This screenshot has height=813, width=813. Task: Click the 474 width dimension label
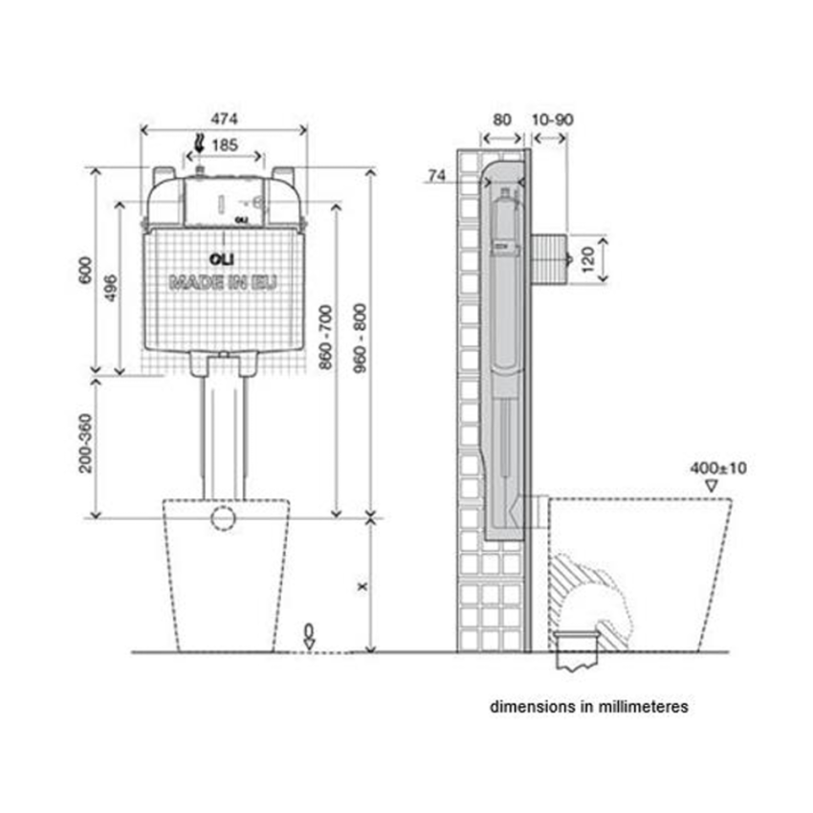(x=224, y=119)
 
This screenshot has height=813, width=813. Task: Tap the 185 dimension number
(x=225, y=145)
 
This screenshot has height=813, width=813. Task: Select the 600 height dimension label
(x=85, y=270)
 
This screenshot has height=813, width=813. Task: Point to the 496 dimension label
(x=110, y=287)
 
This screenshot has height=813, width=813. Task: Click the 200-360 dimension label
(x=85, y=443)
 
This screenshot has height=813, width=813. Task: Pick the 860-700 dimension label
(x=325, y=338)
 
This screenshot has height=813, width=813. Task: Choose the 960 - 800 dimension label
(x=360, y=338)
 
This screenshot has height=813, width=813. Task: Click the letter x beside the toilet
(x=363, y=586)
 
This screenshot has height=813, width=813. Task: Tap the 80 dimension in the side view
(x=502, y=120)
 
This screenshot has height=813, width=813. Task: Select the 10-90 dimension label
(x=553, y=120)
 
